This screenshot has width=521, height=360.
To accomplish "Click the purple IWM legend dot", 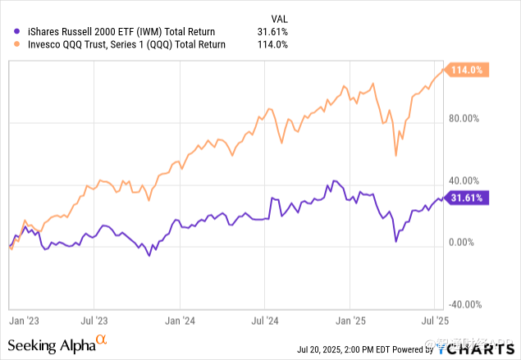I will [x=8, y=32].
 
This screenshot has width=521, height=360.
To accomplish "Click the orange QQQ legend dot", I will [x=8, y=46].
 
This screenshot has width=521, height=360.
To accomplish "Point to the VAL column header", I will [x=281, y=18].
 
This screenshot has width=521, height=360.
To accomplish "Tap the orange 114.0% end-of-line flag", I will [x=468, y=70].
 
